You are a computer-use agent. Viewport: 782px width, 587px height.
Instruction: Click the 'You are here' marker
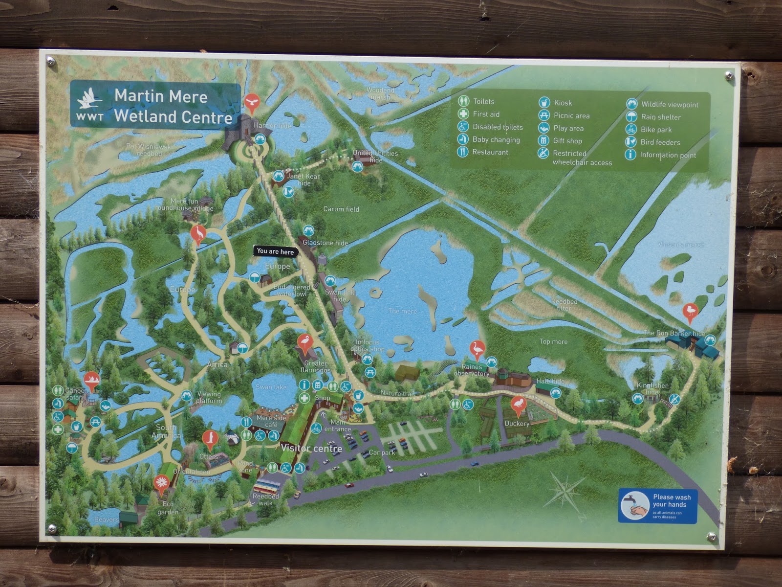pyautogui.click(x=276, y=251)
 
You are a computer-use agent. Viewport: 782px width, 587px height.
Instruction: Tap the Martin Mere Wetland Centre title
pyautogui.click(x=173, y=106)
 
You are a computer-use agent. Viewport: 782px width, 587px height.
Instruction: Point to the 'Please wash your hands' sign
pyautogui.click(x=657, y=505)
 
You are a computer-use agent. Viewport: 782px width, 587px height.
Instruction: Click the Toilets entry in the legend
pyautogui.click(x=483, y=101)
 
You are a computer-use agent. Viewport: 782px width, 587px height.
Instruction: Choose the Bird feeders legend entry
pyautogui.click(x=660, y=142)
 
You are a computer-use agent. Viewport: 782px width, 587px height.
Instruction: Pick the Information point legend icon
pyautogui.click(x=631, y=155)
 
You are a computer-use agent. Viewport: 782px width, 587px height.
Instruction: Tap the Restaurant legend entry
pyautogui.click(x=490, y=152)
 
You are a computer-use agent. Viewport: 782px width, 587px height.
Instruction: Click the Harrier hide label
pyautogui.click(x=272, y=126)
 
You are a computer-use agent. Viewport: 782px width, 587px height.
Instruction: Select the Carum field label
pyautogui.click(x=341, y=209)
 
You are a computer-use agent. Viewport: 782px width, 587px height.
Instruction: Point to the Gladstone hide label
pyautogui.click(x=325, y=243)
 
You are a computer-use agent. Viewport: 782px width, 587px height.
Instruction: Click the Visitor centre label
pyautogui.click(x=311, y=448)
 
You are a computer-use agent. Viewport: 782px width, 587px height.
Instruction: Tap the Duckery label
pyautogui.click(x=517, y=424)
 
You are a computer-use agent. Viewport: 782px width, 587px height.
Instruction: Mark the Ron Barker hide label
pyautogui.click(x=674, y=333)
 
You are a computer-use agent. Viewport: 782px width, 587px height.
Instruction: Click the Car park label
pyautogui.click(x=382, y=452)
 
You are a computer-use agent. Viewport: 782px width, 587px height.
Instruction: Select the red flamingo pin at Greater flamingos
pyautogui.click(x=304, y=343)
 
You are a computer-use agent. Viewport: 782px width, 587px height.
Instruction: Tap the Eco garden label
pyautogui.click(x=168, y=508)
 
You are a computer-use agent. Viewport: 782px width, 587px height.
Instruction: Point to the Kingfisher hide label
pyautogui.click(x=652, y=388)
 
